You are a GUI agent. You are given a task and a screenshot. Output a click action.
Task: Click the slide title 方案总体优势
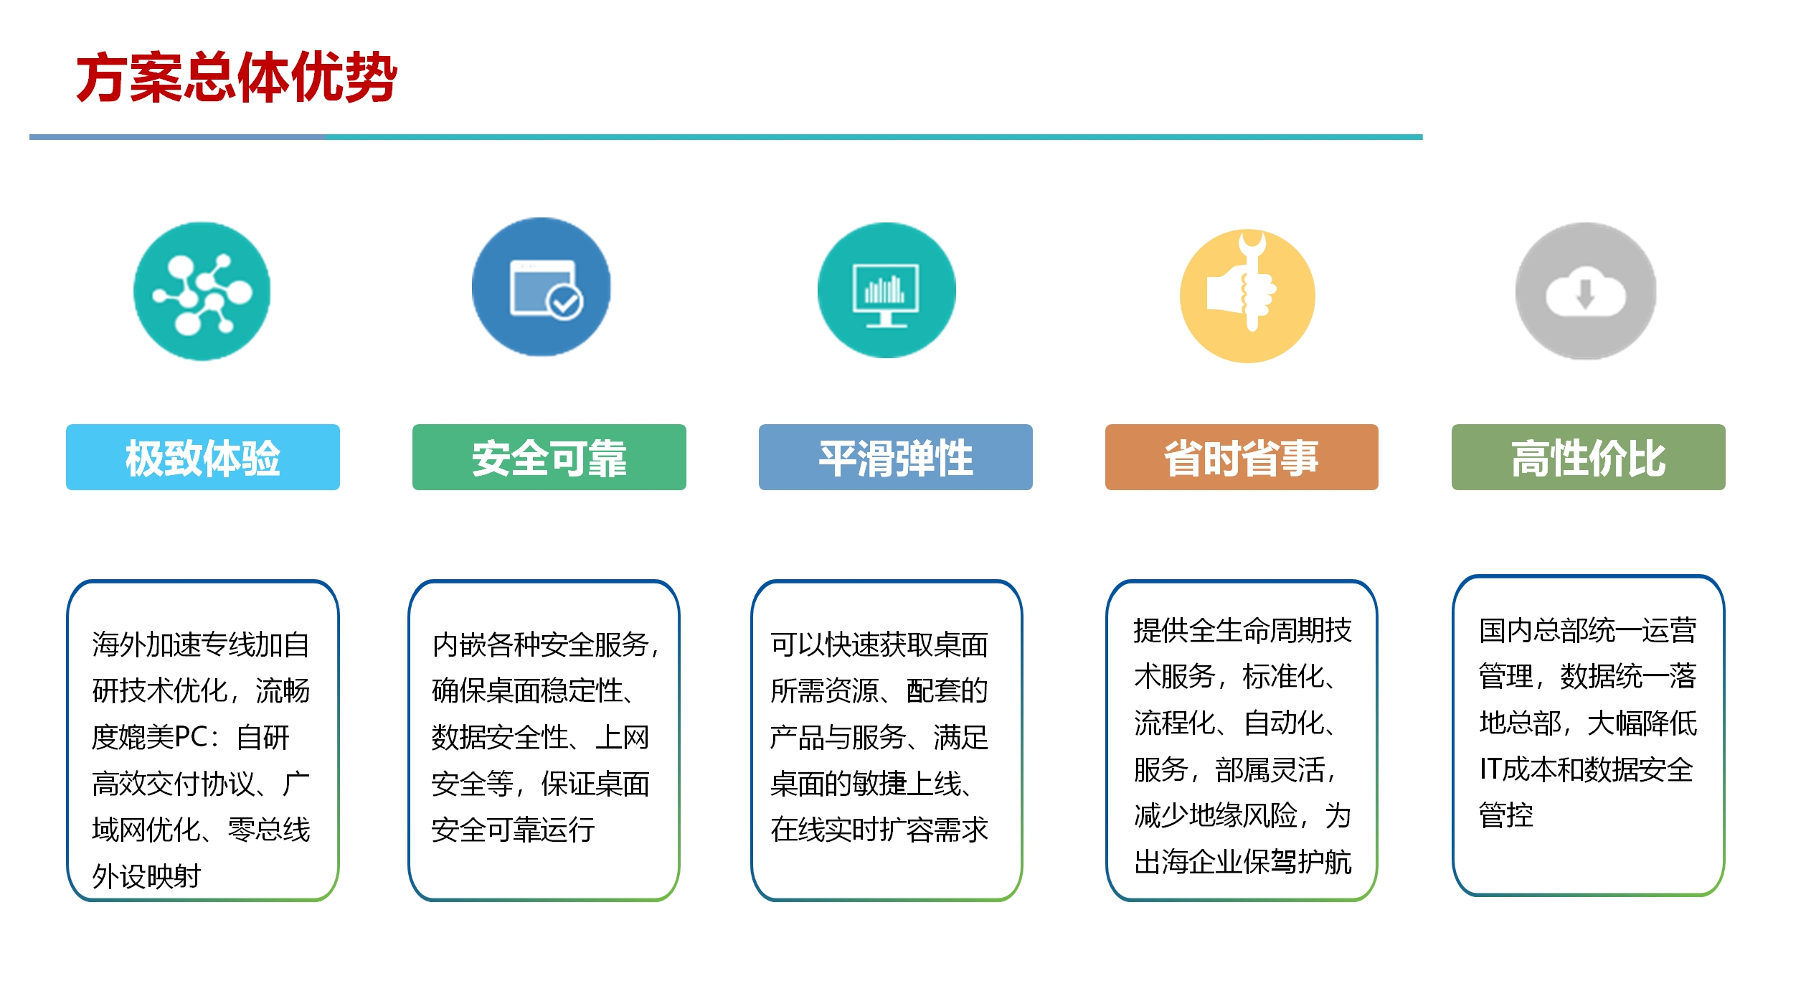pos(237,78)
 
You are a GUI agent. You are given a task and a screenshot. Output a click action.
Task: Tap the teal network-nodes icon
pos(202,291)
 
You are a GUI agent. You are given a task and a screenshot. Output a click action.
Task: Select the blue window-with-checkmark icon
pos(542,287)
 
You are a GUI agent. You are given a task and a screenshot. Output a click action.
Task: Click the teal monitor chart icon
pos(887,290)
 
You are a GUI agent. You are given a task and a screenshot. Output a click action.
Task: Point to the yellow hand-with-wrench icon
pos(1247,296)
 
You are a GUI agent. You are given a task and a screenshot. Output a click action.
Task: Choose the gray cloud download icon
pos(1586,291)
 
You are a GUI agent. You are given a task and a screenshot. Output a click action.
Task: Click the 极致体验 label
pos(203,458)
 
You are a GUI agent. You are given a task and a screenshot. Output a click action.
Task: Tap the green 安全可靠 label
pos(549,458)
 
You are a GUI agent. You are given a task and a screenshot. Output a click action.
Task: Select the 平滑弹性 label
pos(896,458)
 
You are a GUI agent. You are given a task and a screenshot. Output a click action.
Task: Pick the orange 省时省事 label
pos(1242,458)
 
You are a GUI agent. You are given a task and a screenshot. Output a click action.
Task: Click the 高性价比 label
pos(1589,458)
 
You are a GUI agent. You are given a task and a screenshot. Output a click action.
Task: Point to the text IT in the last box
pos(1491,769)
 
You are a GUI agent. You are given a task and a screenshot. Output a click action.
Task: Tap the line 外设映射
pos(146,876)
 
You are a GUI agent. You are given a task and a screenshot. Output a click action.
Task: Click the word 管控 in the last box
pos(1506,815)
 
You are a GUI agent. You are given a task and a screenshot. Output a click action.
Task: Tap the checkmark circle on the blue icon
pos(565,302)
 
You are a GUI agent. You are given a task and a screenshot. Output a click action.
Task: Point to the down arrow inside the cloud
pos(1585,292)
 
